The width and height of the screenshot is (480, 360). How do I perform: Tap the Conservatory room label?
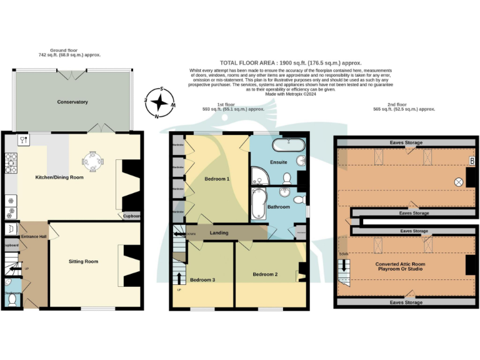coord(72,102)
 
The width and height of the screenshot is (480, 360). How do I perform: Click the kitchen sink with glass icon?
coord(23,140)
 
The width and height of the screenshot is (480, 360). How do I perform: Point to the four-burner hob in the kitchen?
coord(11,164)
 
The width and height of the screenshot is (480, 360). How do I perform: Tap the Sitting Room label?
coord(83,261)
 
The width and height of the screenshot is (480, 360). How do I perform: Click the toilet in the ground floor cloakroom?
coord(11,300)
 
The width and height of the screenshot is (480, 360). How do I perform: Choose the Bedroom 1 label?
coord(217,179)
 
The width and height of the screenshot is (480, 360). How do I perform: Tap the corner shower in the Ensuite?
coord(259,176)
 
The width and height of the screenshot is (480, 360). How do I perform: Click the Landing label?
coord(219,233)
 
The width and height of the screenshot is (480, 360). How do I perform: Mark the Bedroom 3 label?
coord(202,279)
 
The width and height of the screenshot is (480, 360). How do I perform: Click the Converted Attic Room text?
coord(400,264)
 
